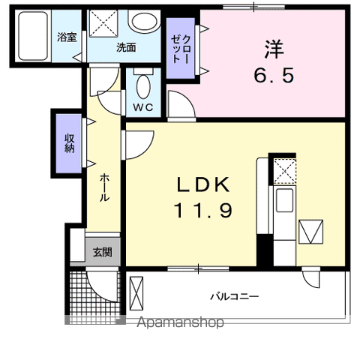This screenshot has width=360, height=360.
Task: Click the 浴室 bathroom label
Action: (67, 37)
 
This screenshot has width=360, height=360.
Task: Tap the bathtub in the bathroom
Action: (33, 36)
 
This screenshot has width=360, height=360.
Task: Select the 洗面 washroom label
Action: (126, 47)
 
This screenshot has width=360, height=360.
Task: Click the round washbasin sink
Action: (145, 22)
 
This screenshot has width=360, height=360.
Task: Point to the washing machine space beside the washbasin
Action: (103, 23)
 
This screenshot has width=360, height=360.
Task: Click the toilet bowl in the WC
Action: (143, 87)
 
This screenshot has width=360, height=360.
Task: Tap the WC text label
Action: (143, 107)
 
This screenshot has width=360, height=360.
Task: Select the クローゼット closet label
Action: (181, 49)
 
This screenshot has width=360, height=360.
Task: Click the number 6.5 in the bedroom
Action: (274, 75)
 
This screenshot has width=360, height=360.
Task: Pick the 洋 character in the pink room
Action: (274, 49)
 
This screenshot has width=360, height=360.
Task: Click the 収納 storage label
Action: (70, 143)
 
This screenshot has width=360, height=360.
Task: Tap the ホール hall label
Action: (104, 188)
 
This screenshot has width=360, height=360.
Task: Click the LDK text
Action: (203, 184)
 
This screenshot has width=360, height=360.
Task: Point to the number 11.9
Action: (202, 210)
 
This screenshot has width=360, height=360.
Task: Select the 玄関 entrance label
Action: (103, 252)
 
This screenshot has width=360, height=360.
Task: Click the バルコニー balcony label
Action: (234, 297)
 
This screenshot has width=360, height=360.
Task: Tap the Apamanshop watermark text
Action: (180, 322)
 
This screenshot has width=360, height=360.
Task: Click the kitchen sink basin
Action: (284, 200)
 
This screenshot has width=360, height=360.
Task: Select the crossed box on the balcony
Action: (136, 293)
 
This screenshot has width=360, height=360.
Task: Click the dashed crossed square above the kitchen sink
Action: (285, 172)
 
